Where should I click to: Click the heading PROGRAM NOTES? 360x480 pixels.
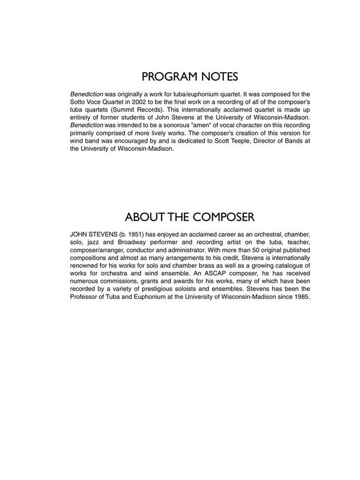pos(189,77)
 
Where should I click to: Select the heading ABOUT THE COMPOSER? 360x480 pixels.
pos(189,217)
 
